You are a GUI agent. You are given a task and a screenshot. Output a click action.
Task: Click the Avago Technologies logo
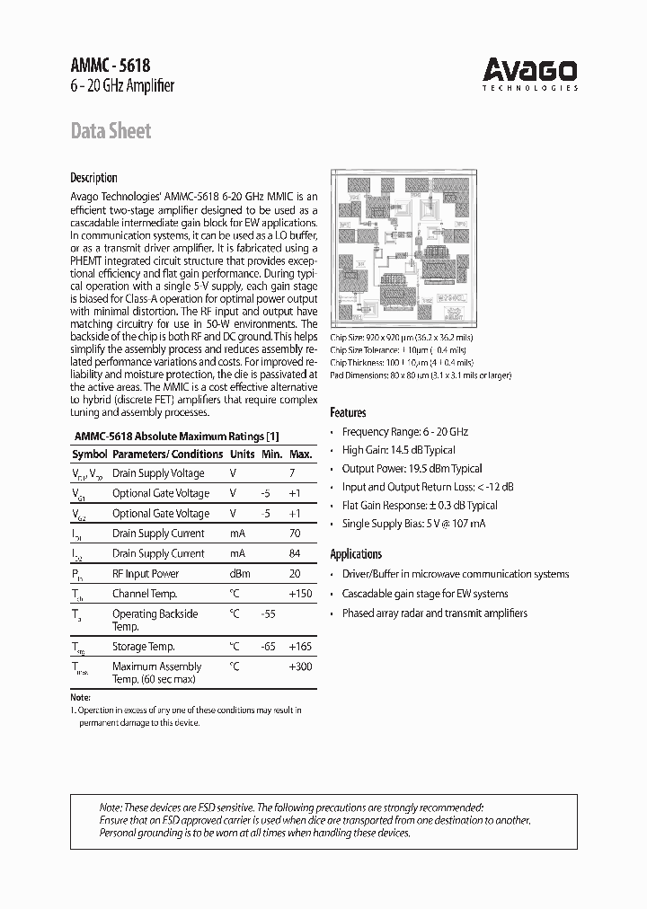(529, 73)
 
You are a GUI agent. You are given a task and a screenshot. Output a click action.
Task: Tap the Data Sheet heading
(111, 131)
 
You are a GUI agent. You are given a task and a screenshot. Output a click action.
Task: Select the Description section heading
(93, 178)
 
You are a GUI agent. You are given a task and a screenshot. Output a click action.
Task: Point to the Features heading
(348, 412)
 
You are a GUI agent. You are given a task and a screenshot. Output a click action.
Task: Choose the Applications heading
(356, 554)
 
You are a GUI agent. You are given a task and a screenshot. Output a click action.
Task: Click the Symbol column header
(89, 454)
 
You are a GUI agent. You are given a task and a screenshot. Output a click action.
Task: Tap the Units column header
(242, 454)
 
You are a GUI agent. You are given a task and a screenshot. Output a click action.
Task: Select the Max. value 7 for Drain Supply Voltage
(292, 473)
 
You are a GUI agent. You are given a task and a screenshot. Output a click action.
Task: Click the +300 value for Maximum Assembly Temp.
(299, 666)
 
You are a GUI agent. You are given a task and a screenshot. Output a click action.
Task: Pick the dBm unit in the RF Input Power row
(239, 573)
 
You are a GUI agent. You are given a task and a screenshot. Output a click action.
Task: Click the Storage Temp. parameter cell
(143, 647)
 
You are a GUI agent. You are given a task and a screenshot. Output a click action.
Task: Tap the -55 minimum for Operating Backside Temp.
(267, 613)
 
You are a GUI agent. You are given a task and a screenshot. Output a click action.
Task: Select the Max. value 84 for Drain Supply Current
(293, 553)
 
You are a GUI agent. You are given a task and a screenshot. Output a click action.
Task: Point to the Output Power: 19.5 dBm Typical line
(412, 469)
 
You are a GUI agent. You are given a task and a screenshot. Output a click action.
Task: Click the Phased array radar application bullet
(434, 613)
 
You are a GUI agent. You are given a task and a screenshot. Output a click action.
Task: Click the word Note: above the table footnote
(80, 698)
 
